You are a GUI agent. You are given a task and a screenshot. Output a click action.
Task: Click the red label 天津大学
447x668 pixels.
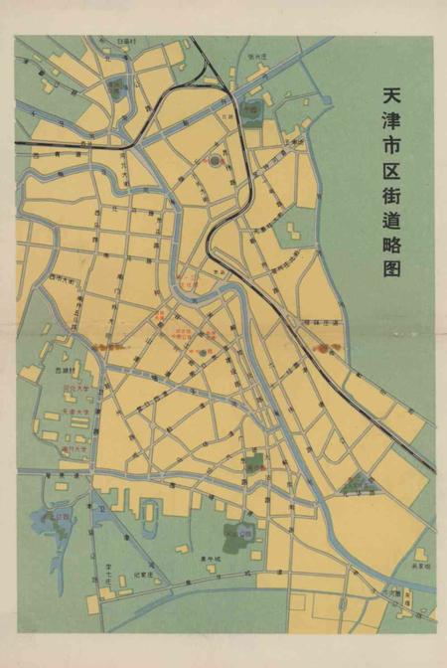click(x=76, y=411)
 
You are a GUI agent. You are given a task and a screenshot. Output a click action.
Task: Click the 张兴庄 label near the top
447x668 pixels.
click(x=258, y=57)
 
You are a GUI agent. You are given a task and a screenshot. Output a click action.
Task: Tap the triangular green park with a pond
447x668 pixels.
click(x=358, y=484)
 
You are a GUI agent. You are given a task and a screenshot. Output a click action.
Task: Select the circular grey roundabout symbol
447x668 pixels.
click(x=216, y=160)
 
